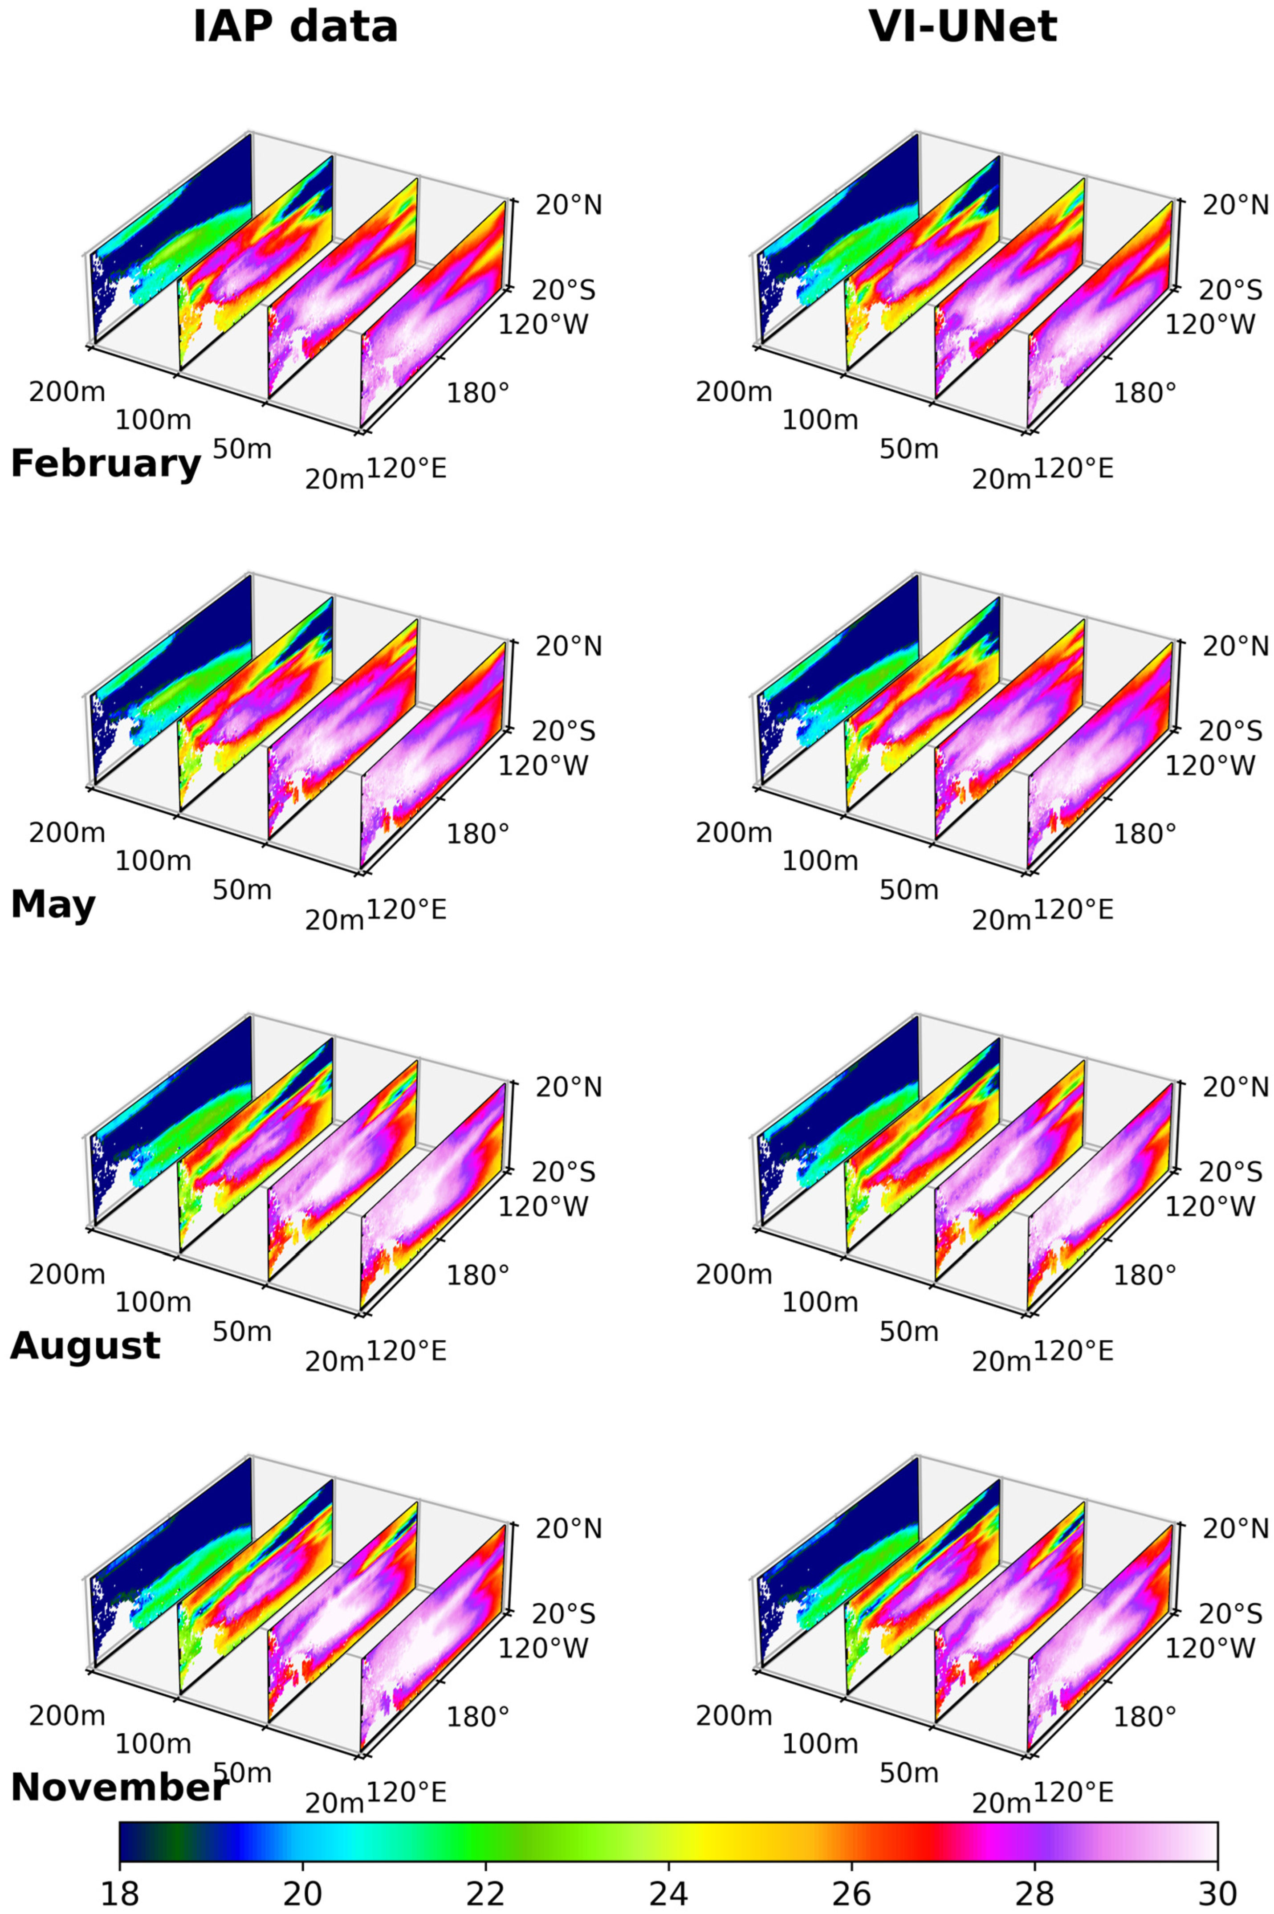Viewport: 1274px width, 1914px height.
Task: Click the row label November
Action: click(x=118, y=1787)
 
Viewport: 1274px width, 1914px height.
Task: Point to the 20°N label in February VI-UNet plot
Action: click(x=1235, y=206)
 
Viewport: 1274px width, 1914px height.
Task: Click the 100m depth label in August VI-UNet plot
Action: click(x=820, y=1302)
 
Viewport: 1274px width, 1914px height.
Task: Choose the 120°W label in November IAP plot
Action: click(x=543, y=1648)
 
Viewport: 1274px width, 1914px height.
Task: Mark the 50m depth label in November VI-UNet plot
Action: click(x=908, y=1773)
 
